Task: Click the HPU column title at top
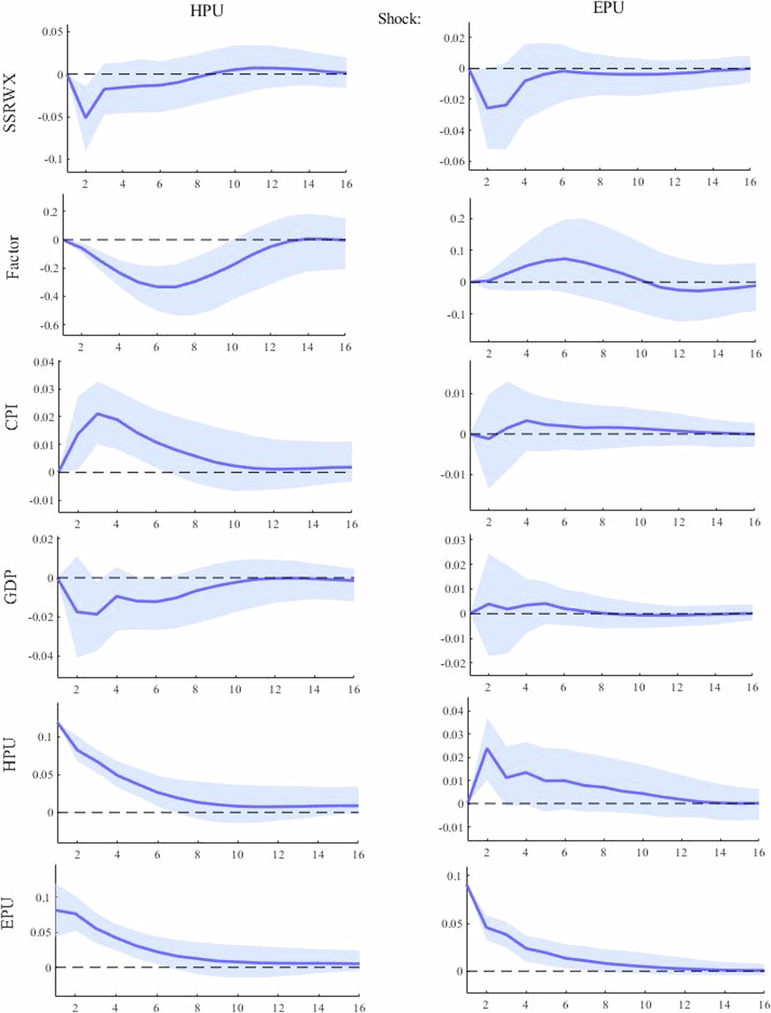[206, 11]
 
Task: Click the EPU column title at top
[608, 8]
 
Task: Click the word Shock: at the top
[399, 19]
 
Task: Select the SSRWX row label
[11, 103]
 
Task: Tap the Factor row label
[13, 258]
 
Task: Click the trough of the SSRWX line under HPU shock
[85, 117]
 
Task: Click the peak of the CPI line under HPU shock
[98, 413]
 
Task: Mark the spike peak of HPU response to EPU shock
[487, 748]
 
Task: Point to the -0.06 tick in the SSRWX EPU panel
[453, 162]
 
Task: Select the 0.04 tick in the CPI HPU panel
[44, 362]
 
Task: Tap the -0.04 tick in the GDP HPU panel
[40, 656]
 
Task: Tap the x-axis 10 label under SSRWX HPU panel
[234, 184]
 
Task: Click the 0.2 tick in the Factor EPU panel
[457, 219]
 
